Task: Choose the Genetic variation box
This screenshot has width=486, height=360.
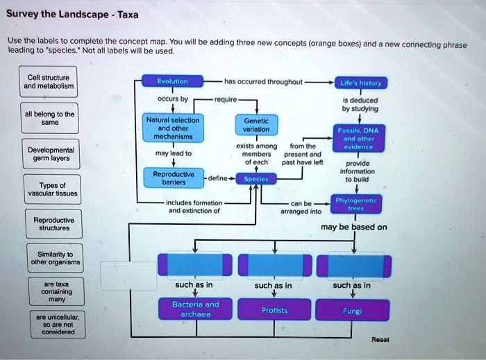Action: click(257, 125)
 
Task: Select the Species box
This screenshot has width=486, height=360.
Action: click(257, 178)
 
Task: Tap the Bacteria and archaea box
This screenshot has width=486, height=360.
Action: click(200, 309)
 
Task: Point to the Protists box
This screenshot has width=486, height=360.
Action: click(275, 310)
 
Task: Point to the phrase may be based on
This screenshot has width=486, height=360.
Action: click(354, 227)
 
